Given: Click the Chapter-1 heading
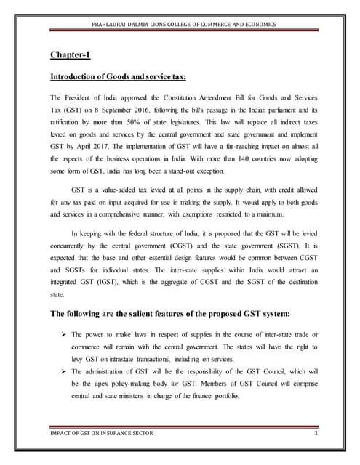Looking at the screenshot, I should click(70, 54).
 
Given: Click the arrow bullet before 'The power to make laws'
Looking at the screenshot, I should click(63, 333).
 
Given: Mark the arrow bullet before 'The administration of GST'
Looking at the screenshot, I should click(63, 371).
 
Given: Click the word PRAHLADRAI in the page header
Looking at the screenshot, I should click(111, 25).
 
